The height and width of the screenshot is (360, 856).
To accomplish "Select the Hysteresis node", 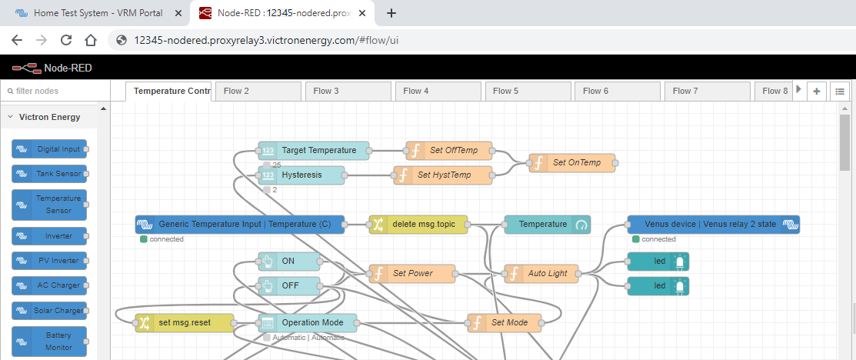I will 301,175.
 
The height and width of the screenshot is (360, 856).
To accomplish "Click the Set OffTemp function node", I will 449,151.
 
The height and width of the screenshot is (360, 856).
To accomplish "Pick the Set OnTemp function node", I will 572,163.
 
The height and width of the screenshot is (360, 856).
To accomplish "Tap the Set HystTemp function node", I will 443,175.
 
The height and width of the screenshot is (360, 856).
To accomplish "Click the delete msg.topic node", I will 418,225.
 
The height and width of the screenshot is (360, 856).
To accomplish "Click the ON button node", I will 289,262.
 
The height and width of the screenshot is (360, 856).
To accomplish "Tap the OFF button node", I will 289,286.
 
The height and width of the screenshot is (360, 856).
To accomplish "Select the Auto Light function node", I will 541,274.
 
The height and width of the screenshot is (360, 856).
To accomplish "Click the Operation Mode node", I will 308,323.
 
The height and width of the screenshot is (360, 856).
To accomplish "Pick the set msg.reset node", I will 185,323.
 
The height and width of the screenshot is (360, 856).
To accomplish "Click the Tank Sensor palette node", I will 49,174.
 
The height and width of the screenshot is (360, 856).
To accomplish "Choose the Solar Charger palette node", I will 49,310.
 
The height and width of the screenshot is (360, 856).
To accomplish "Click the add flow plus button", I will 817,91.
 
